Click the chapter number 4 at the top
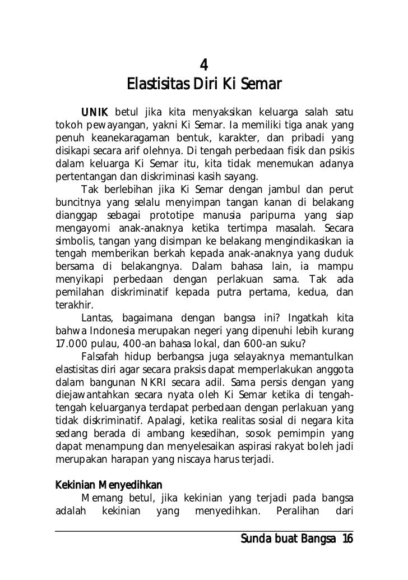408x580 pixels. pyautogui.click(x=204, y=65)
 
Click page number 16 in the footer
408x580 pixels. pyautogui.click(x=346, y=539)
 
